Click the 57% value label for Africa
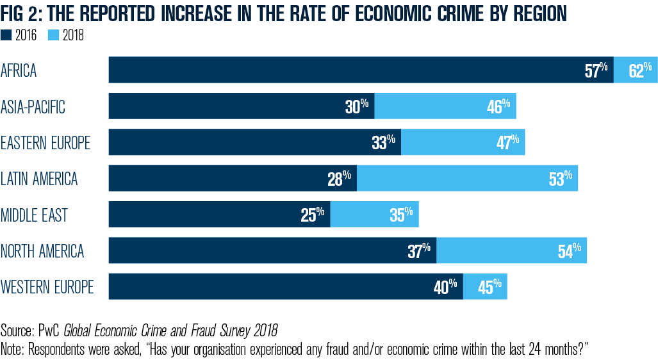(596, 70)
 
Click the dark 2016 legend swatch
(6, 36)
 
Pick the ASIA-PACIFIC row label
(33, 106)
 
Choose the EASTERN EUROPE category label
(45, 142)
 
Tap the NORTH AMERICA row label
(42, 250)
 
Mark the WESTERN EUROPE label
(47, 286)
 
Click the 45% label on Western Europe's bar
(490, 287)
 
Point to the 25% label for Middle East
(313, 215)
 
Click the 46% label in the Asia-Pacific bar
(498, 106)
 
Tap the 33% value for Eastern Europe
(383, 142)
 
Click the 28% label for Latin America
(339, 179)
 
